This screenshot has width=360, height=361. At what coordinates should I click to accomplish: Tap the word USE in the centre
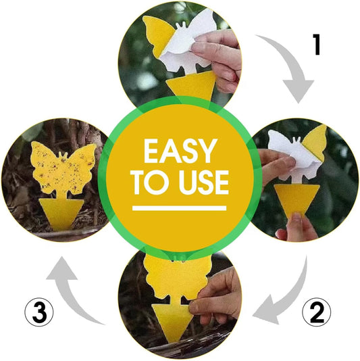(204, 183)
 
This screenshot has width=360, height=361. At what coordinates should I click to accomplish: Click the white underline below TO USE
(180, 208)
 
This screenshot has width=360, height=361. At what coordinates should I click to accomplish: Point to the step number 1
(317, 45)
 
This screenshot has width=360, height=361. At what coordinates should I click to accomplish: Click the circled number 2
(317, 312)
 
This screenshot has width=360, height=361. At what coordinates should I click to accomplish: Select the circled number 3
(39, 312)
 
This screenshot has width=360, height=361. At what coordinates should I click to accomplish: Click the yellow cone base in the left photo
(61, 214)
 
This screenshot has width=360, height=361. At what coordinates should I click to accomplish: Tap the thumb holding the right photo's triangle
(297, 222)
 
